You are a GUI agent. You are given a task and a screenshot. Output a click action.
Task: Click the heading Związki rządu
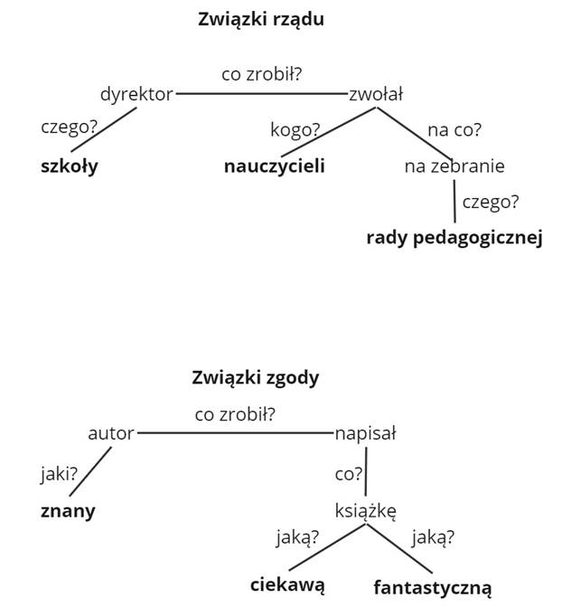260,19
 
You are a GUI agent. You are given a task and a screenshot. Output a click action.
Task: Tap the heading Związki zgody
256,377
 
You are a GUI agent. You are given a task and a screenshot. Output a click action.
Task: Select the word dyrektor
136,93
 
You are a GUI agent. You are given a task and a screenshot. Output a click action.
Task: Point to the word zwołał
376,93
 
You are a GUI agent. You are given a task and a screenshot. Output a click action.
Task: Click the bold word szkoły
69,166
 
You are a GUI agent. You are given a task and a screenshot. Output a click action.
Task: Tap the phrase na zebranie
454,166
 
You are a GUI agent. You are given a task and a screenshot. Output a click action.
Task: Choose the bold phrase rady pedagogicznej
454,238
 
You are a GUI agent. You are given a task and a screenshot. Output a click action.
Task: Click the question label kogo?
295,129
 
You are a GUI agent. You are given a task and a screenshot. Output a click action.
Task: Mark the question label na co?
454,129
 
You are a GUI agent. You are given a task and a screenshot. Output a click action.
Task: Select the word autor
110,433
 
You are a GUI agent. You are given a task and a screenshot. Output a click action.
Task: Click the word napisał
365,433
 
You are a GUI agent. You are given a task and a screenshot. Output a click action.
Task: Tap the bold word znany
68,510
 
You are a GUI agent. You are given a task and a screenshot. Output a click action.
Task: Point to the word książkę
365,510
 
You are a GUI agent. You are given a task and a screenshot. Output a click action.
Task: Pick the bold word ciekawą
287,584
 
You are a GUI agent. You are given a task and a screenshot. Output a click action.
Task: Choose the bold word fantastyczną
432,587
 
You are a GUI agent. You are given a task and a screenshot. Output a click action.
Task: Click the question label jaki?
59,473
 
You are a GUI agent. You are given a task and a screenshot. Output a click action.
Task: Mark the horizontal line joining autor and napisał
235,433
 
